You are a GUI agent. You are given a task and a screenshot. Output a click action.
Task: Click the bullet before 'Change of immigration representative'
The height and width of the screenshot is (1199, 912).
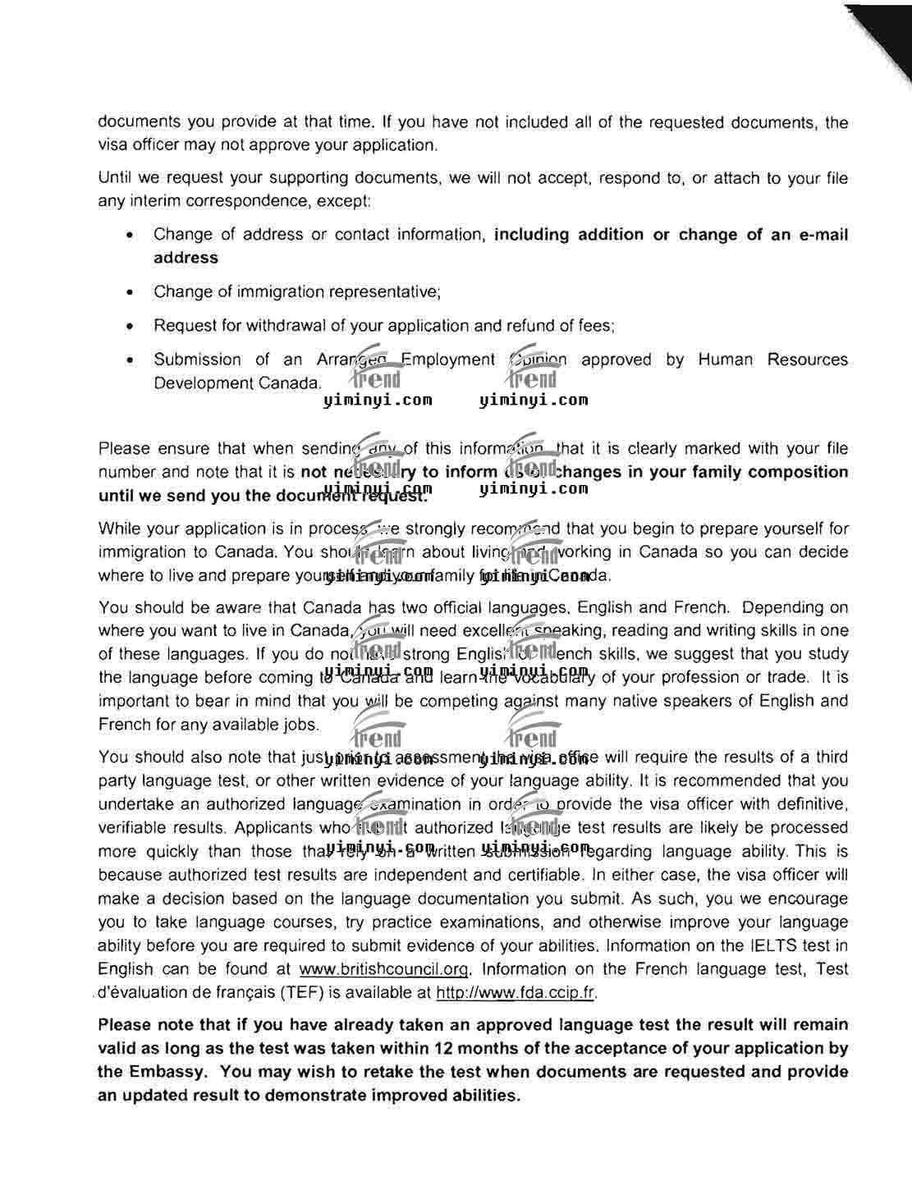point(130,292)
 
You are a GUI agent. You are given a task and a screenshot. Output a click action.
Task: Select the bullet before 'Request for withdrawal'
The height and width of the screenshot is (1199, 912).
point(130,326)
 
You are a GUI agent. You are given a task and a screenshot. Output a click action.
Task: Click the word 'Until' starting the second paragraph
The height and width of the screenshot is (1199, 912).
point(114,178)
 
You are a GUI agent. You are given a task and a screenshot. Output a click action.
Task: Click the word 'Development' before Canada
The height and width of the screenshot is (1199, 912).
point(199,383)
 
